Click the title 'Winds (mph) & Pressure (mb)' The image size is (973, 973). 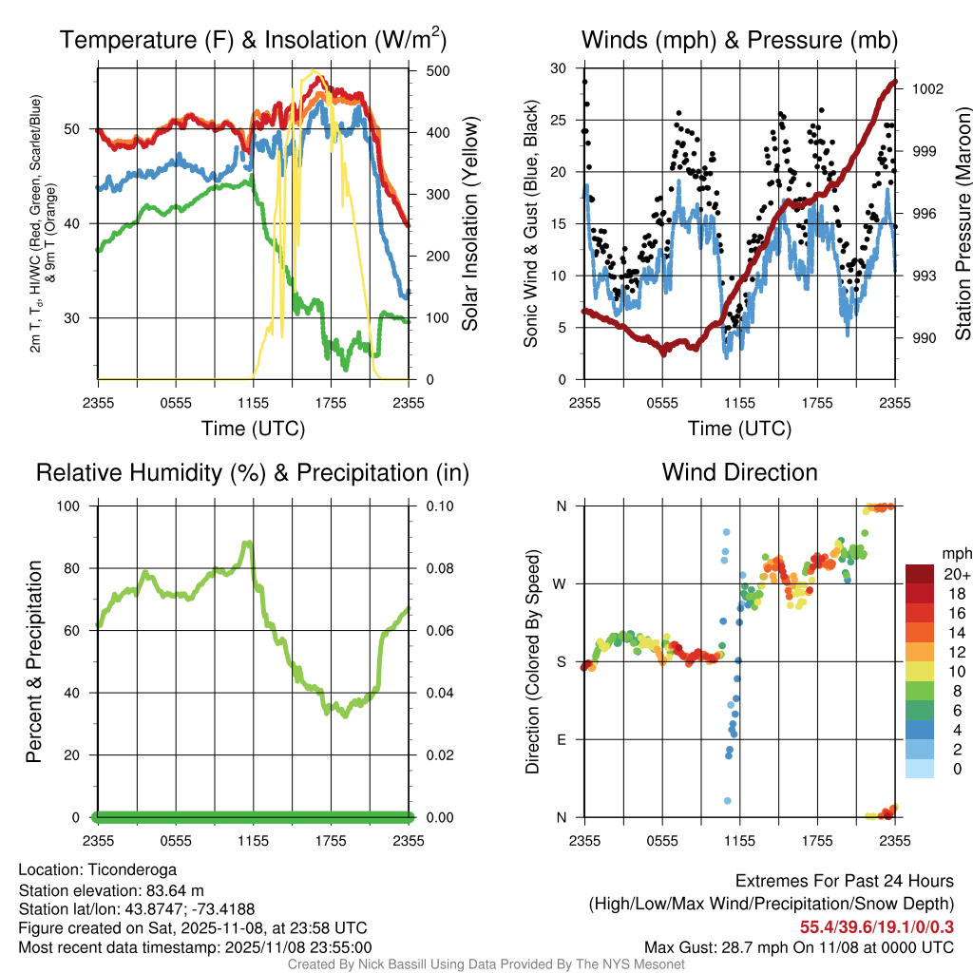(739, 40)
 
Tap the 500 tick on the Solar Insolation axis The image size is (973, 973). (438, 69)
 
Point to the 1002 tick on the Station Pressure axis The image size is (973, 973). (927, 89)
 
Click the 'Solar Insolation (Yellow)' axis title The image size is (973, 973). (470, 223)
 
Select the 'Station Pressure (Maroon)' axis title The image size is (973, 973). (963, 223)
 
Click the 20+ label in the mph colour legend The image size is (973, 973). (957, 574)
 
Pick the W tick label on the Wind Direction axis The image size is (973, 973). (562, 583)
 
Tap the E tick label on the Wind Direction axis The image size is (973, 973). (562, 739)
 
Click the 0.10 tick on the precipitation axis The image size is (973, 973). (439, 506)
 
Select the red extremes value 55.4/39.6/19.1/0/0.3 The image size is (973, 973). (876, 926)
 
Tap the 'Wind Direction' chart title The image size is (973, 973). (739, 472)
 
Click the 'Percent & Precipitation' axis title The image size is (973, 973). (34, 661)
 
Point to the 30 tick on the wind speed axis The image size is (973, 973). (559, 68)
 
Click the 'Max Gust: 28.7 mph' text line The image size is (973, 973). (798, 947)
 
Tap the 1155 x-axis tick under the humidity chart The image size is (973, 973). (254, 840)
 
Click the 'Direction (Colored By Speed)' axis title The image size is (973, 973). (533, 661)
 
